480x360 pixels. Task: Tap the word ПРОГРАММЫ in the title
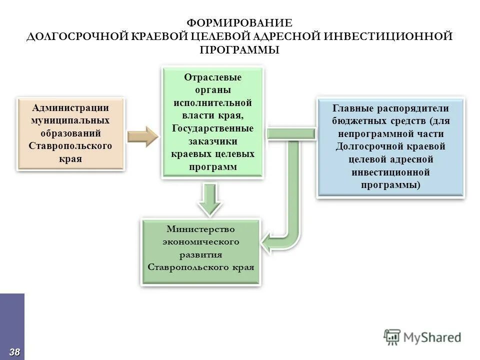239,50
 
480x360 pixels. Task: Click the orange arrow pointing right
142,136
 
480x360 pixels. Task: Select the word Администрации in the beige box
70,108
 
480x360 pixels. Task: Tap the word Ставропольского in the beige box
70,146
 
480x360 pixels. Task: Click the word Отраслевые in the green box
212,77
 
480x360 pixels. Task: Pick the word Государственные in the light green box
212,128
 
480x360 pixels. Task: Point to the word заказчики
212,141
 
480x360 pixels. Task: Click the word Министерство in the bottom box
200,228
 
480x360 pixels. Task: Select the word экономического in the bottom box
200,241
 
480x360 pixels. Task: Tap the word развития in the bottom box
200,254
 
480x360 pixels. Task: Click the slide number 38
14,352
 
